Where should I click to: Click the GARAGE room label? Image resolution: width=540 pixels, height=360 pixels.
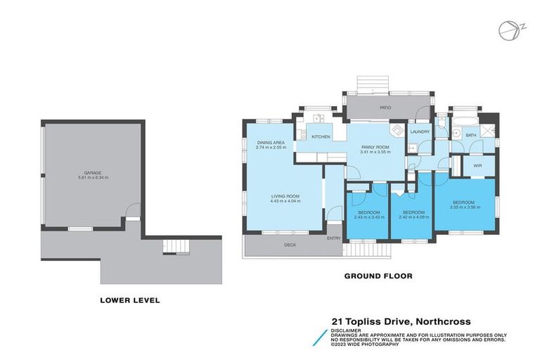93,173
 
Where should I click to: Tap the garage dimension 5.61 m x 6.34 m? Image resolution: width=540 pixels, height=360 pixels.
93,178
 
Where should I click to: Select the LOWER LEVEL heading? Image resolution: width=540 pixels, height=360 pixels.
129,300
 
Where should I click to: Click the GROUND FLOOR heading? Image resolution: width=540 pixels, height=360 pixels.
378,276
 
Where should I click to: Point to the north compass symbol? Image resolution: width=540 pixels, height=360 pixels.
506,30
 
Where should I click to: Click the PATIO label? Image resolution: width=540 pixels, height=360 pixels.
385,108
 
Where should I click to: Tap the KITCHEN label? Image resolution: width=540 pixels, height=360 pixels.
321,136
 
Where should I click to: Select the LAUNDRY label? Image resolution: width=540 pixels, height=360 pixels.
420,131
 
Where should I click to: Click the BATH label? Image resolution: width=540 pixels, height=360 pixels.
470,135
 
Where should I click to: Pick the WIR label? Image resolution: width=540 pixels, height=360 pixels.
477,166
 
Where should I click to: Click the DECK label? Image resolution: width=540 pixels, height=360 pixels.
289,245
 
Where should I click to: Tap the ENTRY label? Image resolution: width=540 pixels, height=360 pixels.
333,238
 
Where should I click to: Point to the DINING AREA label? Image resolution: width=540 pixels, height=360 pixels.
270,143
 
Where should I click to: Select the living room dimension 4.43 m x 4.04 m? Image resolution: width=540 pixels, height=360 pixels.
285,201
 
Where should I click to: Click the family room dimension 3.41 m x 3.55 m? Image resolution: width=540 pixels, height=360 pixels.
374,152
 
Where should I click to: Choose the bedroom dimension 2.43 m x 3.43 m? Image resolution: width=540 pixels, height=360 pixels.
368,217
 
